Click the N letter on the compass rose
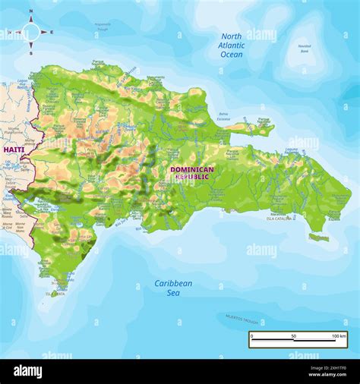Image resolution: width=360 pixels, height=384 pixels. [x=30, y=12]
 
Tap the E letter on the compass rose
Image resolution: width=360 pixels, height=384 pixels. [x=51, y=32]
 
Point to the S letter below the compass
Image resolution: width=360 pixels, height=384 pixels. [x=30, y=53]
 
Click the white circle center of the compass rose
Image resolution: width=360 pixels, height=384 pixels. [x=30, y=32]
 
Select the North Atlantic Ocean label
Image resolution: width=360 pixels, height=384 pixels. [x=232, y=46]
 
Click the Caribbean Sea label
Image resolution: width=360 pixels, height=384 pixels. [x=173, y=288]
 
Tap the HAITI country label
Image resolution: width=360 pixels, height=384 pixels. [x=14, y=150]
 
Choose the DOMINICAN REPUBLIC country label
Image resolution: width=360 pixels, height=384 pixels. [x=191, y=173]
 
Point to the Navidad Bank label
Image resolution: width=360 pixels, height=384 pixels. [x=304, y=49]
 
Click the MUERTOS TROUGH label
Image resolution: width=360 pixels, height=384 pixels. [x=242, y=317]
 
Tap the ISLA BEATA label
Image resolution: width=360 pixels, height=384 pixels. [x=55, y=293]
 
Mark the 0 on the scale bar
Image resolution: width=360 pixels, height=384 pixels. [x=252, y=335]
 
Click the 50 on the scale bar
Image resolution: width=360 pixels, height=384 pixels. [x=294, y=335]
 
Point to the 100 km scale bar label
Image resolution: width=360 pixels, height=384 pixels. [x=338, y=335]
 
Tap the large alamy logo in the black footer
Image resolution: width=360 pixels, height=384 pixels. [x=27, y=371]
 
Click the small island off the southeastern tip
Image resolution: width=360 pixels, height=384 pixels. [x=319, y=238]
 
